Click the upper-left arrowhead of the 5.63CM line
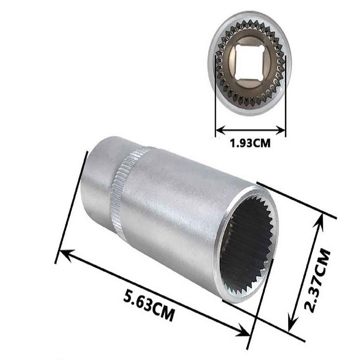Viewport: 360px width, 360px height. click(x=65, y=252)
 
